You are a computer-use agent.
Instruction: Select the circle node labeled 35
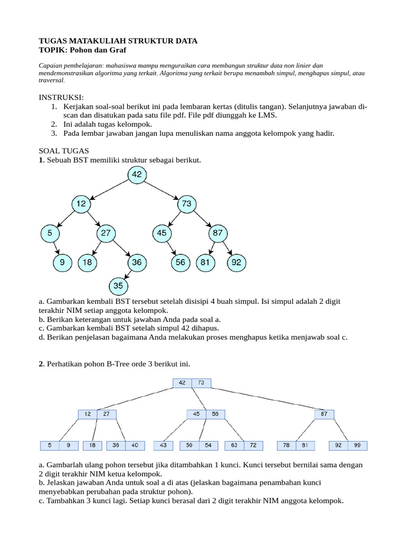click(x=118, y=286)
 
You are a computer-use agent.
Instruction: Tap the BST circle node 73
click(x=187, y=204)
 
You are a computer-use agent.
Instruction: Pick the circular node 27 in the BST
click(x=106, y=233)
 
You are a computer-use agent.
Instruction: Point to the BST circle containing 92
click(x=236, y=261)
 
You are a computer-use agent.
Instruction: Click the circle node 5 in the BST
click(x=49, y=233)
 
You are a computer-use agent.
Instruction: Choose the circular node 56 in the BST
click(x=181, y=261)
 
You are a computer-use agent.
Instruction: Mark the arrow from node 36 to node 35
click(x=128, y=274)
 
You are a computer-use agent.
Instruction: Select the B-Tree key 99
click(x=358, y=446)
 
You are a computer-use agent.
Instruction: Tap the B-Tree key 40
click(x=135, y=446)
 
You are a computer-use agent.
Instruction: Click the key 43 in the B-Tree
click(x=163, y=446)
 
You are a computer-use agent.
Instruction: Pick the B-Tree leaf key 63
click(x=234, y=446)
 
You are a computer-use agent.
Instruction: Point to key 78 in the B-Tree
click(x=287, y=446)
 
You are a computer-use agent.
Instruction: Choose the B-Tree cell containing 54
click(x=208, y=446)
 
